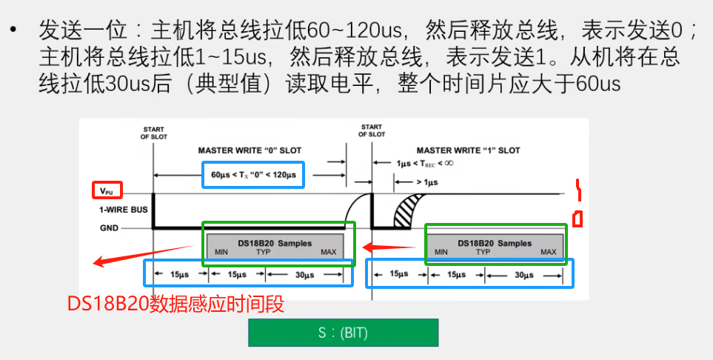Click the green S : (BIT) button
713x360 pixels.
click(x=343, y=333)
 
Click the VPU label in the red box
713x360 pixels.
click(x=107, y=190)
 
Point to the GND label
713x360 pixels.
click(x=109, y=228)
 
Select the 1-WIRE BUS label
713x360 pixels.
click(x=124, y=210)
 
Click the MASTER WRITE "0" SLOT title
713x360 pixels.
click(x=250, y=150)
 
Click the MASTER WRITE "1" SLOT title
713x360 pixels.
click(x=468, y=150)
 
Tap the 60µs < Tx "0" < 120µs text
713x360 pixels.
click(x=252, y=176)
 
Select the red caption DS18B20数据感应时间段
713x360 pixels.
click(x=175, y=304)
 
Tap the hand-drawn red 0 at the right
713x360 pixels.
click(x=578, y=219)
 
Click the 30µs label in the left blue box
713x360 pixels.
click(x=305, y=274)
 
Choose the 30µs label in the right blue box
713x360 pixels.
click(x=523, y=274)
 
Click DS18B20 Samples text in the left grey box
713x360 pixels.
click(x=275, y=243)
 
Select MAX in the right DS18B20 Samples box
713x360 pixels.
click(x=549, y=253)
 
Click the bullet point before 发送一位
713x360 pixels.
click(x=13, y=31)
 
